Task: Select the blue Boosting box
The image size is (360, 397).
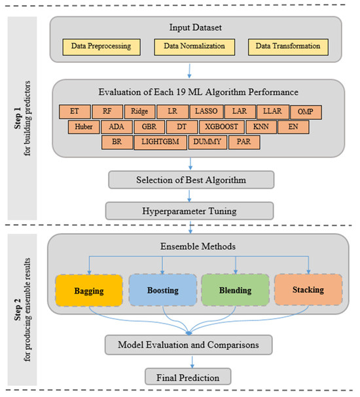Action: click(162, 290)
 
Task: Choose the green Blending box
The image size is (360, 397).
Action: click(234, 290)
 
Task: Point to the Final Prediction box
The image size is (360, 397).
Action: click(190, 376)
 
